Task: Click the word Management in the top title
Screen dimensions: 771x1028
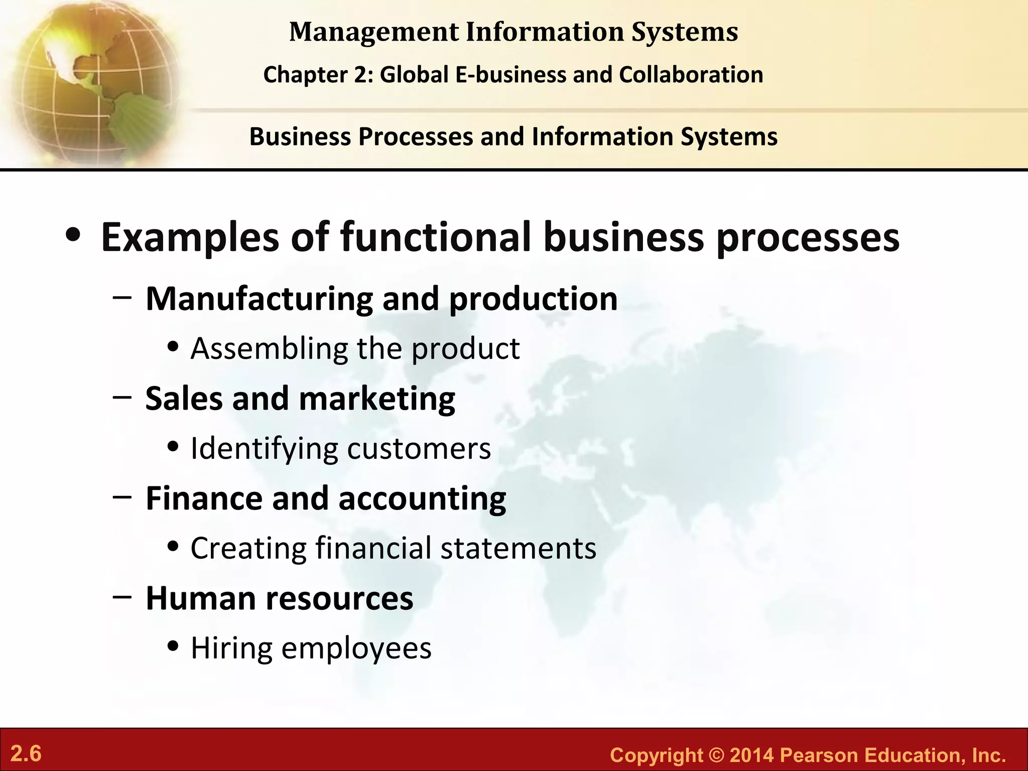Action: click(374, 32)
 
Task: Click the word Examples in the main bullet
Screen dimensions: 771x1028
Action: click(190, 237)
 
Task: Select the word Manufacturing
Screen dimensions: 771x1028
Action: click(259, 299)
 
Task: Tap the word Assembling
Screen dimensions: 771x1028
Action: click(269, 348)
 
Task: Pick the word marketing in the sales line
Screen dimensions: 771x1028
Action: click(377, 399)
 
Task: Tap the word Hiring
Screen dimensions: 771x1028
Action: click(231, 648)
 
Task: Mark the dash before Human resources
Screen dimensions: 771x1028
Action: click(122, 597)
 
